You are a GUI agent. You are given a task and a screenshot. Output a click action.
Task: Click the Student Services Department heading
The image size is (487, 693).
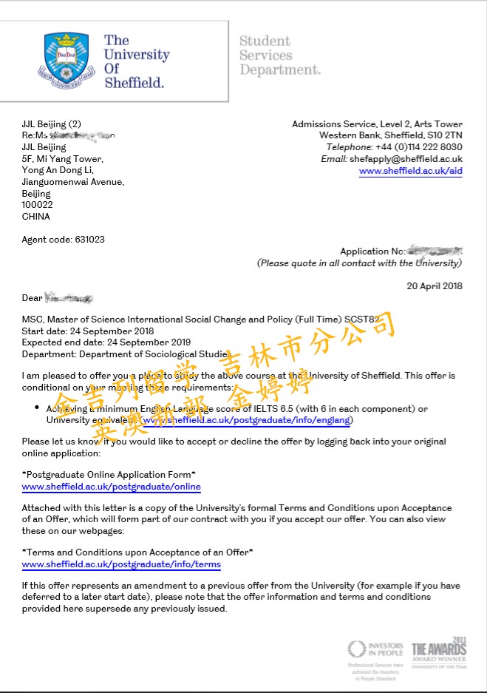pos(279,55)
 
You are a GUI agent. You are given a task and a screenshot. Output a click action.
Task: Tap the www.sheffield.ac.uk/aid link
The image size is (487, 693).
pos(410,171)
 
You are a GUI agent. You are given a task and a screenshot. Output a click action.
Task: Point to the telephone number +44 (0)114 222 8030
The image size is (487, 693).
pos(420,147)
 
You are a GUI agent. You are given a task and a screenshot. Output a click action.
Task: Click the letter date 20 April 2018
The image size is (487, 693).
pos(435,286)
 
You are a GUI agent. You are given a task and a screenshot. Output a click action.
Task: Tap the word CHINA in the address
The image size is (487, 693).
pos(36,217)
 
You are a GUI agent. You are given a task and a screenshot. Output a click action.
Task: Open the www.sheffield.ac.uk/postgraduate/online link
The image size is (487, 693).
pos(111,487)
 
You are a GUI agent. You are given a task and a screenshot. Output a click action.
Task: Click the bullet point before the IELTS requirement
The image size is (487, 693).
pos(37,408)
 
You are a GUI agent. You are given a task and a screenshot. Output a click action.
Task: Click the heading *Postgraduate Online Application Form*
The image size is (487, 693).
pos(109,474)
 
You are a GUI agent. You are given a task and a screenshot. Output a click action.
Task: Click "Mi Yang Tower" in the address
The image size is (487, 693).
pos(72,159)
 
